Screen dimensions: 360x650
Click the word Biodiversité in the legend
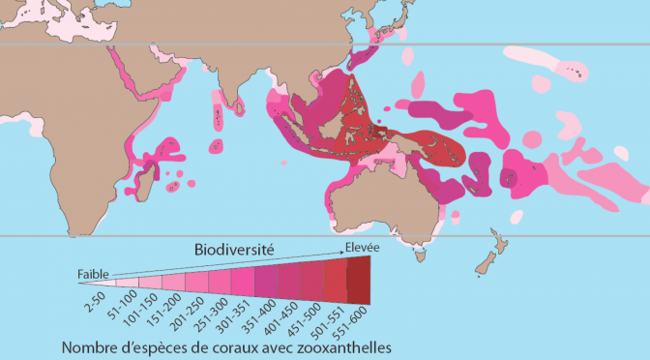(232, 249)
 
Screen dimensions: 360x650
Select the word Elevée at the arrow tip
(362, 248)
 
